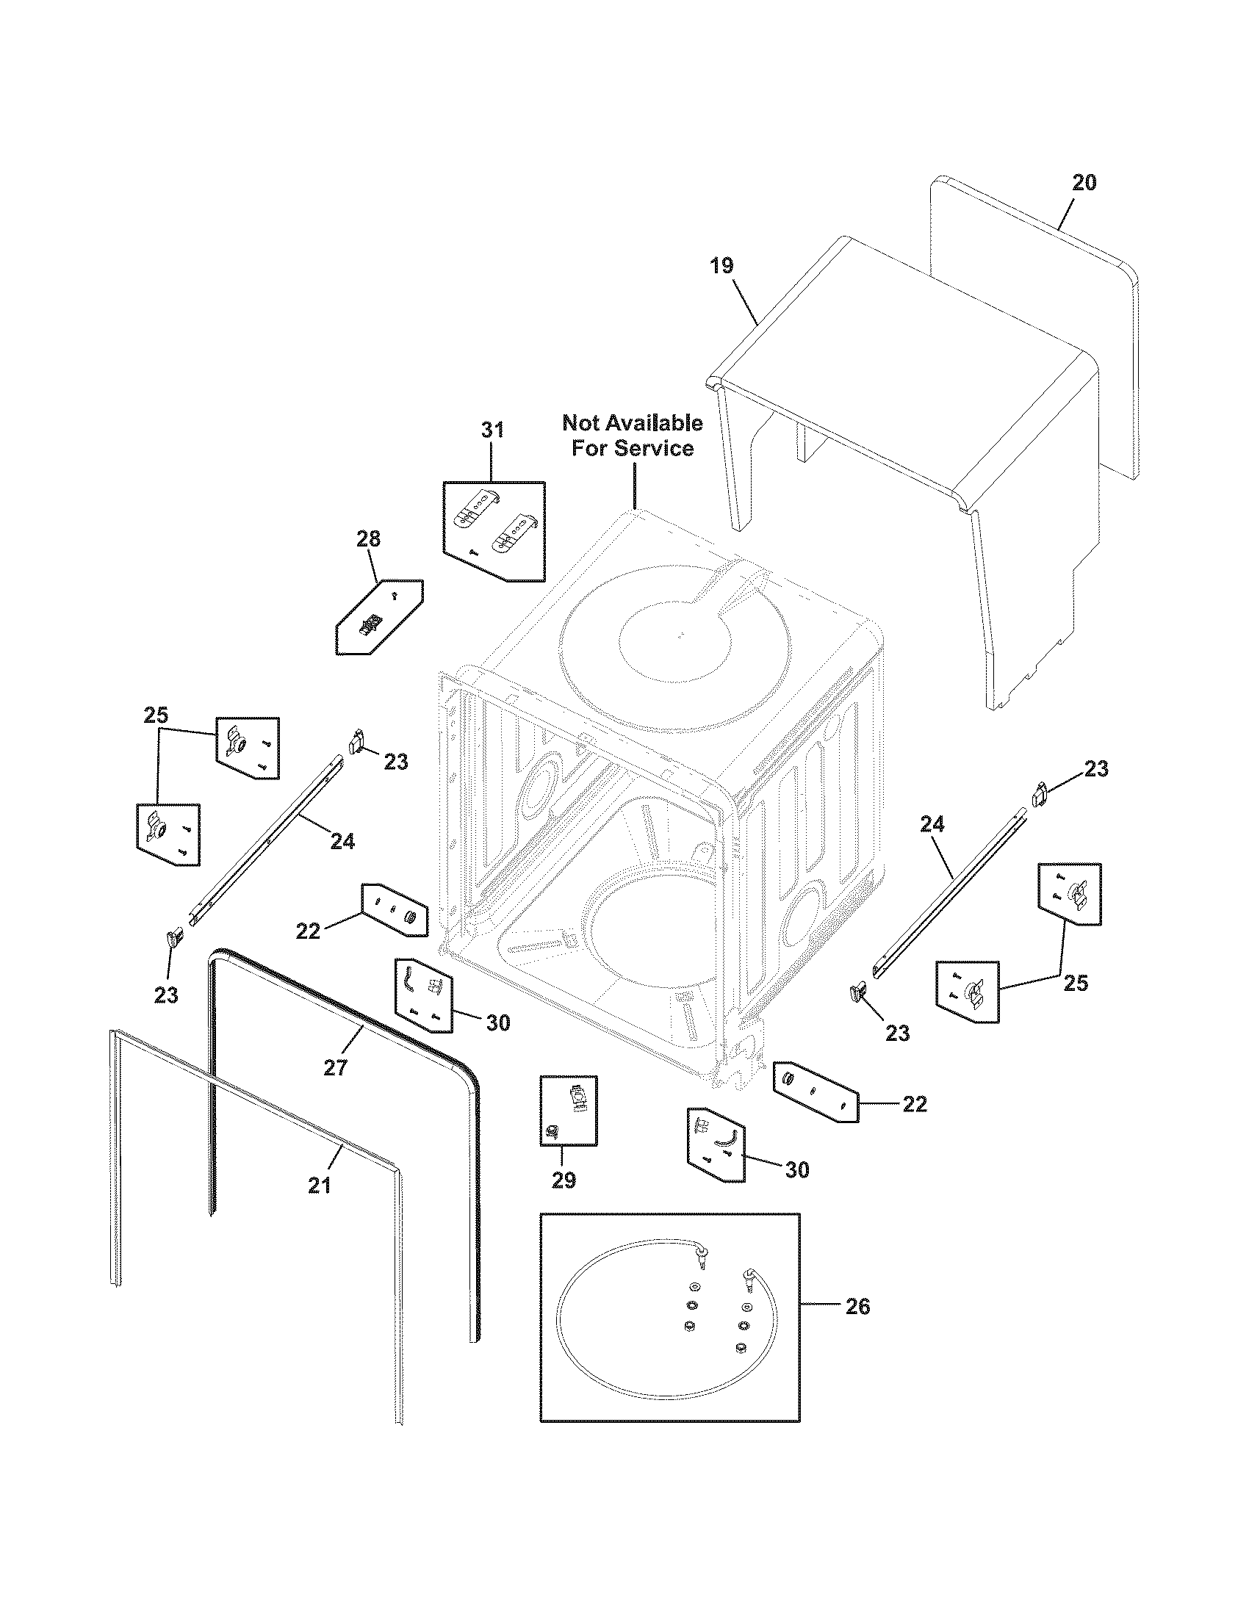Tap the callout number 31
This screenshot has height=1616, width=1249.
pos(492,430)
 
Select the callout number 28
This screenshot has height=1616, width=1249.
pos(369,539)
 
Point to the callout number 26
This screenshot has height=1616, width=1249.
pos(857,1307)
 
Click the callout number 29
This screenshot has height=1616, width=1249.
pos(564,1181)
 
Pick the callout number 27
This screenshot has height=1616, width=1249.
pos(335,1068)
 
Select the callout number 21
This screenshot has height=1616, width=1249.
pos(319,1186)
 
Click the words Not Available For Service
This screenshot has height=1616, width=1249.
pos(633,435)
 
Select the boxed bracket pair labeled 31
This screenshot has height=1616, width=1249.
pos(494,530)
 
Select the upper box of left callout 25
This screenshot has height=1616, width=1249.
pos(248,747)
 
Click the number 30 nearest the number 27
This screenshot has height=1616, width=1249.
pos(498,1022)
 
